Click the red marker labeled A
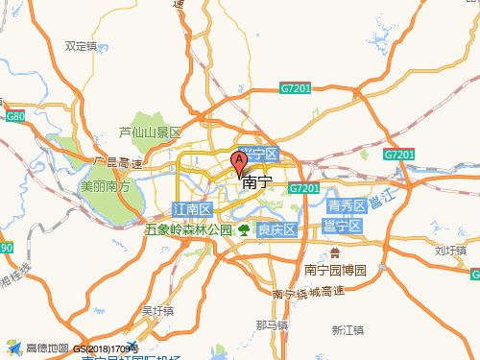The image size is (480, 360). coord(239,163)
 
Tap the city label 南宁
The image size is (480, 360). coord(257,182)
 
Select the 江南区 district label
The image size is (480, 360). coord(191,209)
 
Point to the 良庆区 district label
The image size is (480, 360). coord(276,229)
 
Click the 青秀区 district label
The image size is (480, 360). coord(346,206)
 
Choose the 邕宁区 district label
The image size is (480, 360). coord(341,226)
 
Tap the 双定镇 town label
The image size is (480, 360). coord(81,45)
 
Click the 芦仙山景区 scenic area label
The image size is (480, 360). coord(150,132)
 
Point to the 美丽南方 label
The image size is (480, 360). coord(106,186)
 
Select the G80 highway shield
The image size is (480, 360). coord(14,116)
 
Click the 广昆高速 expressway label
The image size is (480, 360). coord(117,162)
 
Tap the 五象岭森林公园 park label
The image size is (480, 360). coord(189,230)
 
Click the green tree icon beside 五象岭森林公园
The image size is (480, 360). coord(244,229)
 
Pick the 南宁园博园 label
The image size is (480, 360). coord(335,270)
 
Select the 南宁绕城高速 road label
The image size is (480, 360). coord(308,292)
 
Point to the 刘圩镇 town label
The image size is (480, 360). coord(449,251)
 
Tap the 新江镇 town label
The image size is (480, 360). coord(349,329)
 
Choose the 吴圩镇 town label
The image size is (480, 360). coord(157,310)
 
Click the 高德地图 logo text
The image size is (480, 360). coord(47,348)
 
